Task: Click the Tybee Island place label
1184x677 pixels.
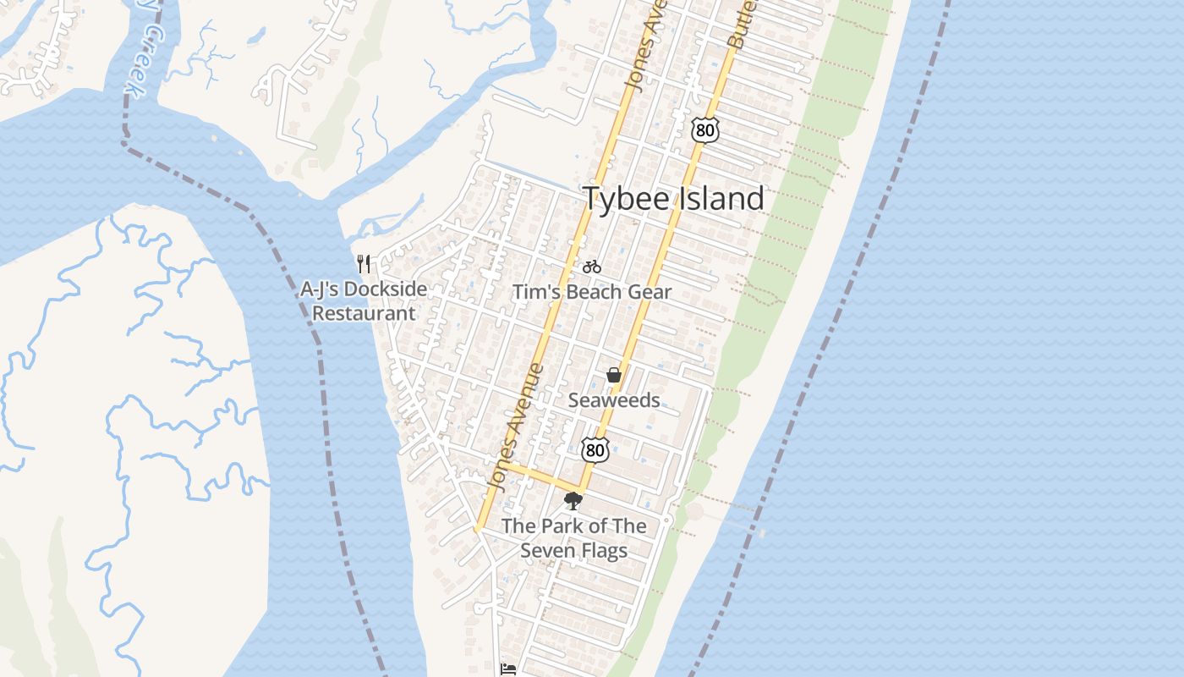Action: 673,199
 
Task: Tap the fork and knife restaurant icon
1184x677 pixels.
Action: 364,264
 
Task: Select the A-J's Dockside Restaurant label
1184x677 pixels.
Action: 364,301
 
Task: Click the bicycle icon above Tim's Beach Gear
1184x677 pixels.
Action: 592,267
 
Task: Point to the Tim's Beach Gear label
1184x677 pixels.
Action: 592,292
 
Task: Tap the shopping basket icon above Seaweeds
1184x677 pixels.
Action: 614,375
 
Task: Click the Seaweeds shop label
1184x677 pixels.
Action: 614,400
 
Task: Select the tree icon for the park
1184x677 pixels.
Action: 573,501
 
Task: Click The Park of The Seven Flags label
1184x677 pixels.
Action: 573,538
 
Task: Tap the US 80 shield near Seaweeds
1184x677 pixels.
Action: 595,450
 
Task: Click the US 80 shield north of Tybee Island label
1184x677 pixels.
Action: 704,129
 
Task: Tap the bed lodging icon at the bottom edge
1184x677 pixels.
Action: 507,669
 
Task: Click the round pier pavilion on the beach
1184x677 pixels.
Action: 694,511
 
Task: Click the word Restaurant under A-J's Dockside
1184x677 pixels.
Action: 364,314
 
